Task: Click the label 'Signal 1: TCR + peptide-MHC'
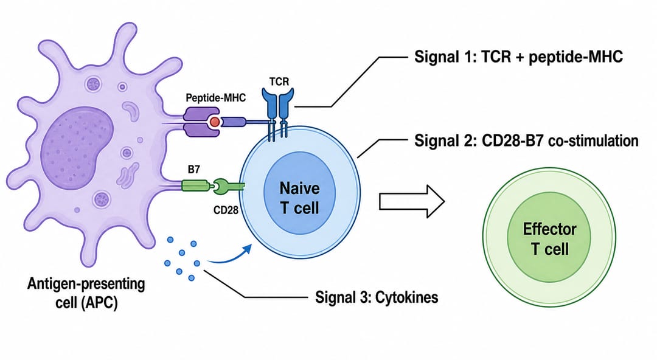pyautogui.click(x=518, y=57)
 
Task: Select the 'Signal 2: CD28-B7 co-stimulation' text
pyautogui.click(x=526, y=141)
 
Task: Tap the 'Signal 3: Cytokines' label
pyautogui.click(x=377, y=297)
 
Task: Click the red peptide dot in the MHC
pyautogui.click(x=215, y=122)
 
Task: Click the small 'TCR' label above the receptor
pyautogui.click(x=279, y=81)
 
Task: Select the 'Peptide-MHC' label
pyautogui.click(x=216, y=98)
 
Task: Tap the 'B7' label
pyautogui.click(x=193, y=169)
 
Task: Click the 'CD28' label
pyautogui.click(x=226, y=210)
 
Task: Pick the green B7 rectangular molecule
pyautogui.click(x=195, y=185)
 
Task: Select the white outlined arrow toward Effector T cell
pyautogui.click(x=412, y=201)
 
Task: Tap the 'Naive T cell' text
pyautogui.click(x=299, y=198)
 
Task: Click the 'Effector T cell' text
pyautogui.click(x=549, y=239)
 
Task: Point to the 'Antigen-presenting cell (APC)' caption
pyautogui.click(x=86, y=292)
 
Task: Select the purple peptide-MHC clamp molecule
pyautogui.click(x=202, y=122)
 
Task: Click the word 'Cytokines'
pyautogui.click(x=407, y=297)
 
